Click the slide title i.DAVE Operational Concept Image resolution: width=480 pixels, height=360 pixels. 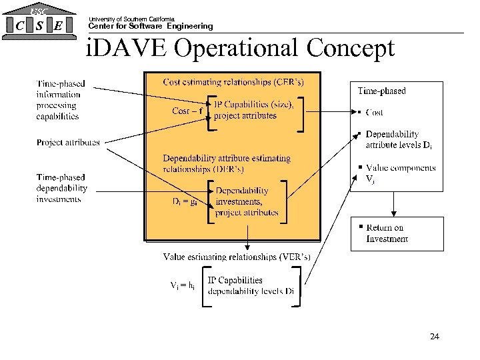point(241,49)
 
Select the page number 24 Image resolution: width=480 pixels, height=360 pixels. point(434,337)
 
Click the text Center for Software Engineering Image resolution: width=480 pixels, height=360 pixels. point(151,27)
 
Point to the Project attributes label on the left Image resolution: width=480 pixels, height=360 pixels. point(68,142)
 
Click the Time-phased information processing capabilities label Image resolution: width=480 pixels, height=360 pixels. point(61,100)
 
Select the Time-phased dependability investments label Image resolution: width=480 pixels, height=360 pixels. point(61,188)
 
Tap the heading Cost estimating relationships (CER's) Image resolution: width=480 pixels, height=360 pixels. point(233,83)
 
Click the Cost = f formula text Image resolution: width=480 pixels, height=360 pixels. point(188,111)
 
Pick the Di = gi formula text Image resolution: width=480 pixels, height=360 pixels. point(184,201)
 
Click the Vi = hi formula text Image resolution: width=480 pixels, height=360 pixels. point(182,285)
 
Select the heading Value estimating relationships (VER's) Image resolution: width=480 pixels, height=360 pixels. point(237,257)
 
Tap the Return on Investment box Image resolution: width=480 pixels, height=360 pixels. point(397,233)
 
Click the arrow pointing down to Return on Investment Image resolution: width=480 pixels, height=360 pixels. point(394,204)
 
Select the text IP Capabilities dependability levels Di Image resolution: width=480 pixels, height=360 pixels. point(251,285)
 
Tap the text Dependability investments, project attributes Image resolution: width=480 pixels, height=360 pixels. point(247,201)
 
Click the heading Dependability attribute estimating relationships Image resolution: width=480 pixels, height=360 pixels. point(227,163)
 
